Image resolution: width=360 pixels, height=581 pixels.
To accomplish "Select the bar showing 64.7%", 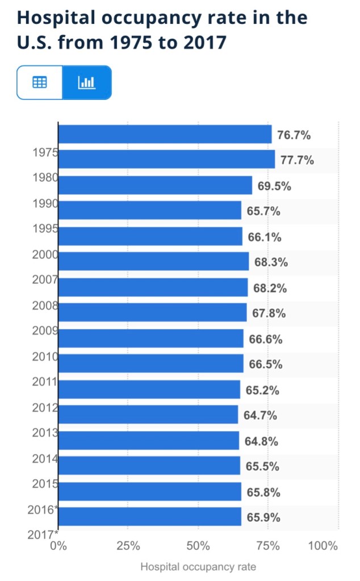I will point(148,415).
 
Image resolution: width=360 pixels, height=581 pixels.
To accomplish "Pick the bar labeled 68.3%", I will point(153,262).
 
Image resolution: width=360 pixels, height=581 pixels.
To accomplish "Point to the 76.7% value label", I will point(294,135).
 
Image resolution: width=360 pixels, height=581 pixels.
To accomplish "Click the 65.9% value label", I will point(263,518).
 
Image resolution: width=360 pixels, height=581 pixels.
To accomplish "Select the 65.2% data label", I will point(262,391).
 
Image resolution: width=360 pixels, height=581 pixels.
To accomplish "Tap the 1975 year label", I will point(45,152).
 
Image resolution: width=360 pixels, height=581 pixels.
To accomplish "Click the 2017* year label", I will point(43,534).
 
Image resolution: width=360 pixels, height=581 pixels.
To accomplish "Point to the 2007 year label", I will point(45,279).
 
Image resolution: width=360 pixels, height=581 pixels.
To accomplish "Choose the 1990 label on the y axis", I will point(45,203).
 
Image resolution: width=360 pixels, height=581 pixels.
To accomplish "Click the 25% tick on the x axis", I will point(128,546).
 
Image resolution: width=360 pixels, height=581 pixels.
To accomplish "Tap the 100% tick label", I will point(323,546).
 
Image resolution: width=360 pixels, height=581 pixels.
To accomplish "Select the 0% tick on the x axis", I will point(58,546).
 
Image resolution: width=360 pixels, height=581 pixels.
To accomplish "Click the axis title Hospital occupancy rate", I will point(198,567).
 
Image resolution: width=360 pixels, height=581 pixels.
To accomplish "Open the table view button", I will point(39,82).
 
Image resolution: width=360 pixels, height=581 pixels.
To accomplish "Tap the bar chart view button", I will point(87,82).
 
